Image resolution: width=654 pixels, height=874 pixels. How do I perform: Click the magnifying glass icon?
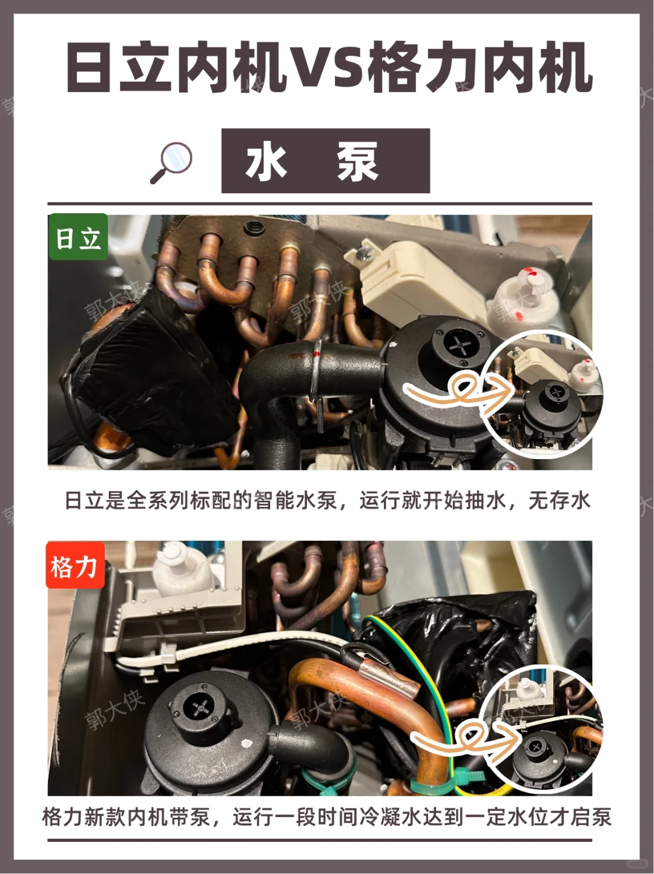pyautogui.click(x=171, y=162)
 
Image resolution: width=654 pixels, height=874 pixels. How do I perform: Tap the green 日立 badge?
pyautogui.click(x=78, y=237)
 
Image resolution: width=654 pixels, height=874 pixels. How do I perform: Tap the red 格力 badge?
pyautogui.click(x=75, y=565)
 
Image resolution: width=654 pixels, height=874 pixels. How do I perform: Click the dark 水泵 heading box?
pyautogui.click(x=326, y=161)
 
